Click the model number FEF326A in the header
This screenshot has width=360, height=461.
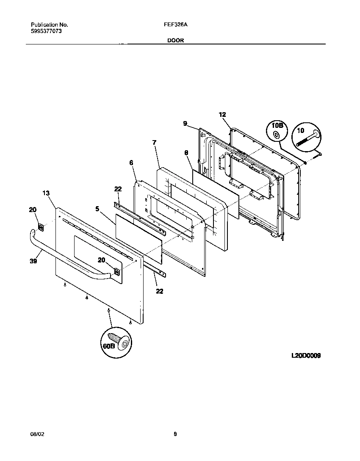point(175,25)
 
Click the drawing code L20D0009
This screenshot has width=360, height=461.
point(306,356)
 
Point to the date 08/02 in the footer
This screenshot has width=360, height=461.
point(37,434)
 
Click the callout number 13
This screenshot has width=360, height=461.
point(46,193)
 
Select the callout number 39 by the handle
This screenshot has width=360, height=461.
point(33,261)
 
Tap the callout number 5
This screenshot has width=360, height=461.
point(97,208)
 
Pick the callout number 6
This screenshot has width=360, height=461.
point(131,163)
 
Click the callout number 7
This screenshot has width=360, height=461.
point(154,143)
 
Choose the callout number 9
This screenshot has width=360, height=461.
point(185,123)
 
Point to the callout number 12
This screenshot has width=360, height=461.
point(222,114)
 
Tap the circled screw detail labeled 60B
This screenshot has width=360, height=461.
point(116,342)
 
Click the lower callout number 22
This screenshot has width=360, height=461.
point(159,291)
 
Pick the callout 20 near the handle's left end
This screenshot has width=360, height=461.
point(33,209)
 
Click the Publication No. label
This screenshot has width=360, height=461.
point(50,25)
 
